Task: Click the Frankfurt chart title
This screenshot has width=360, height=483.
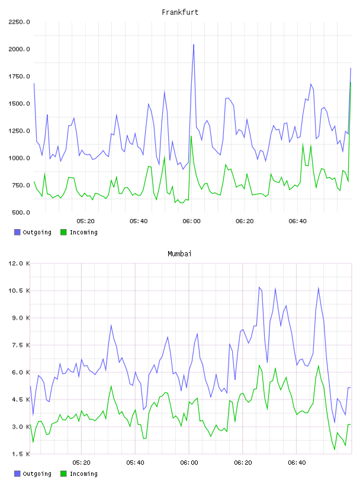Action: pos(180,12)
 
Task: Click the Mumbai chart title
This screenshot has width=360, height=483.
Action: pos(179,253)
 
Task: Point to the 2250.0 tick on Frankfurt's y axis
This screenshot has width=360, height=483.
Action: pos(19,22)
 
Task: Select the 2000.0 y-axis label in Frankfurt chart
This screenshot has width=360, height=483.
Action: pos(19,49)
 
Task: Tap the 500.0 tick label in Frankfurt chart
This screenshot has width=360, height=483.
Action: pos(21,212)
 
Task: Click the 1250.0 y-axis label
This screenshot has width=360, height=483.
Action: pos(19,131)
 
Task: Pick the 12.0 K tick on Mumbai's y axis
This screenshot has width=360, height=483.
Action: pos(19,263)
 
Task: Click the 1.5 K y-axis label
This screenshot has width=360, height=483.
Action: pos(21,454)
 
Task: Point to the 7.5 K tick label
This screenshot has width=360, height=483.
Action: pos(21,345)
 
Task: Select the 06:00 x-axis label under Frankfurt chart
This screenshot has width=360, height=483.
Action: pos(191,221)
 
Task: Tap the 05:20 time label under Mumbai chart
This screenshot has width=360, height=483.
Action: pos(81,463)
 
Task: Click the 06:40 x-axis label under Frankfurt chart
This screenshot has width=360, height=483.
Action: pos(297,221)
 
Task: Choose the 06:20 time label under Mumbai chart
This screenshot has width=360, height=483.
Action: pos(243,463)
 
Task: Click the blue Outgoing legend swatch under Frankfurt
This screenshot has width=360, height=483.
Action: pos(17,232)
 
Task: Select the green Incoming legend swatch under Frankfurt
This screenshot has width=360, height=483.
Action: pos(63,232)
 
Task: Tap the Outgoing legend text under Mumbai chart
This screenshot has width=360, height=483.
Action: pos(37,474)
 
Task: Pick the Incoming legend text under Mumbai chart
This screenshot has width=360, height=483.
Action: pos(83,474)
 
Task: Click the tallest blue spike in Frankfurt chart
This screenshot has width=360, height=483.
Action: pos(194,45)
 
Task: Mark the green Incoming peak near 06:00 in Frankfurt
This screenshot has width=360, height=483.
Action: pos(191,137)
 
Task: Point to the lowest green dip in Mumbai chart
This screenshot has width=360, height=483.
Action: pos(335,449)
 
